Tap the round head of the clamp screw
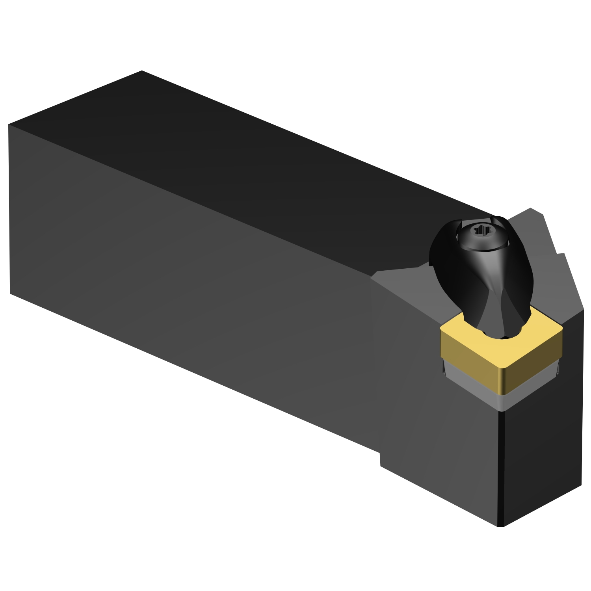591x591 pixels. pos(481,236)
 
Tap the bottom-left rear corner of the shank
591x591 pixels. pos(10,293)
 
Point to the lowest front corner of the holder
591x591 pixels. pos(500,526)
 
